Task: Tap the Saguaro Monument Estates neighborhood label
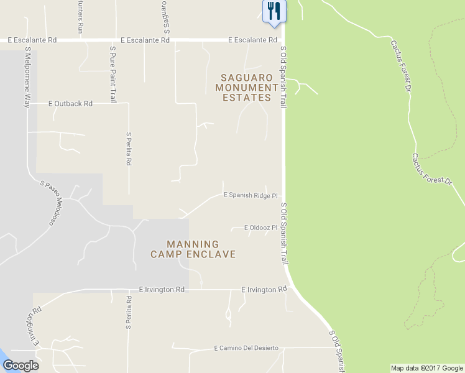click(247, 88)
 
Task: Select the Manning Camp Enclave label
click(193, 249)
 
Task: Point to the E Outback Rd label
click(70, 104)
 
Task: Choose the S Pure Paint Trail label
click(113, 73)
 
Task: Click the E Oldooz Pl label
click(260, 228)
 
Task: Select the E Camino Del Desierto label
click(246, 348)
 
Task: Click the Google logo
click(21, 366)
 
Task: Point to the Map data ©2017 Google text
click(426, 368)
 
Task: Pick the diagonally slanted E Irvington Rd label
click(34, 326)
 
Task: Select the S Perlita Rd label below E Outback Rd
click(129, 148)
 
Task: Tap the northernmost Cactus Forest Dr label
click(402, 67)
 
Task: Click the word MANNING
click(193, 244)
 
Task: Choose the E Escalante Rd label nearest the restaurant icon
click(252, 40)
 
